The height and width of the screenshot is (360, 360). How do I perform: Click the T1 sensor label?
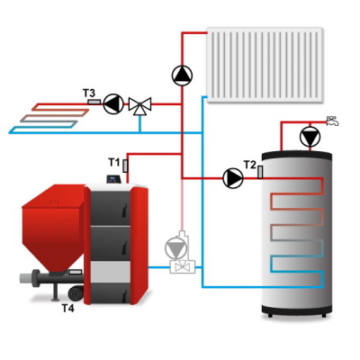pos(113,163)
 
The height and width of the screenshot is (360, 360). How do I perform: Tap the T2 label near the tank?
pos(249,165)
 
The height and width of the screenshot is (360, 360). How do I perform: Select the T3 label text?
pos(89,93)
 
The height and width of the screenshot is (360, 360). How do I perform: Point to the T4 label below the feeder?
pos(67,308)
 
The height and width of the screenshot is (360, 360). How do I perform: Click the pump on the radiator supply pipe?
pos(182,76)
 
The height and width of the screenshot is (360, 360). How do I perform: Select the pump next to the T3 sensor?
pos(113,104)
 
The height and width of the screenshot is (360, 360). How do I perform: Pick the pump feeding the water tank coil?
pos(233,178)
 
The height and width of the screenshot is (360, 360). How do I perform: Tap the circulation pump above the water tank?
pos(310,137)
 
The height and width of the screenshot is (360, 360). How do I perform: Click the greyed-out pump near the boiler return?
pos(176,248)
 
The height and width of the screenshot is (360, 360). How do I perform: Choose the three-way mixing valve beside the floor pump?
pos(139,106)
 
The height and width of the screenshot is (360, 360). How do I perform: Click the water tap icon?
pos(332,121)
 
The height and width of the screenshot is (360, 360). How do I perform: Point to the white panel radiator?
pos(265,65)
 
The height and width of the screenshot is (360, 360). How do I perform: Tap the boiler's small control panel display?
pos(113,179)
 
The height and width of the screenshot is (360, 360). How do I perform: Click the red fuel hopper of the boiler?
pos(52,228)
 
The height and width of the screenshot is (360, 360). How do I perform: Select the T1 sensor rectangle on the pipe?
pos(125,166)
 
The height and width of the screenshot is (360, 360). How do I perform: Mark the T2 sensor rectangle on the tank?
pos(260,172)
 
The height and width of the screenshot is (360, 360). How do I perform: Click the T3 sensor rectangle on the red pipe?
pos(94,102)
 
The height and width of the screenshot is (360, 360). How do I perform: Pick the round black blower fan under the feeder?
pos(76,292)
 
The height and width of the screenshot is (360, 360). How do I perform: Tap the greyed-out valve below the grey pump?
pos(182,266)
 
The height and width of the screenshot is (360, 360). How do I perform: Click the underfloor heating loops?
pos(49,119)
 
